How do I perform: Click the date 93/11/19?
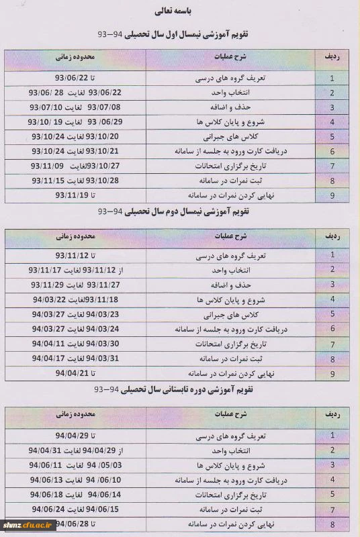tap(72, 195)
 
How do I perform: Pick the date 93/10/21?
tap(103, 151)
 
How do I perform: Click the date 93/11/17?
tap(45, 270)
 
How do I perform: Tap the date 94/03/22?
tap(47, 299)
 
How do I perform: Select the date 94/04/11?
tap(48, 343)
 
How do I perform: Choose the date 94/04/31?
tap(45, 450)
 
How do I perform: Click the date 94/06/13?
tap(47, 479)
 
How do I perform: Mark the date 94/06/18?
tap(47, 494)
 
